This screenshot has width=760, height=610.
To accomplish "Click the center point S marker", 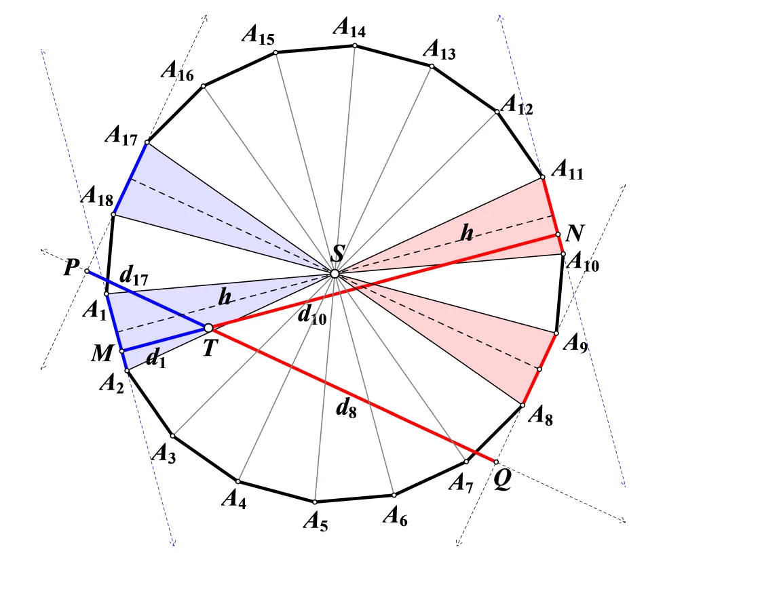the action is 335,274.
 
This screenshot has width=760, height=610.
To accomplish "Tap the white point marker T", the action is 208,328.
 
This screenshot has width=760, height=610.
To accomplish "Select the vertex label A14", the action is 349,27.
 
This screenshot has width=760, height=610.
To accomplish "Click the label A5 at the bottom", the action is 316,522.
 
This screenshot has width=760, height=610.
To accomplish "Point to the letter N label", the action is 575,233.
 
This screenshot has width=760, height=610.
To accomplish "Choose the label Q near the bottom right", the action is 503,480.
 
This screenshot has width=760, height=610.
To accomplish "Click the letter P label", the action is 72,267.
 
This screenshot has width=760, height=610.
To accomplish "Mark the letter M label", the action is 102,353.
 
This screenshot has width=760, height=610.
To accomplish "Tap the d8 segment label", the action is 346,409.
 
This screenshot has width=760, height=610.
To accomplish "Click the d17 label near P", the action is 134,276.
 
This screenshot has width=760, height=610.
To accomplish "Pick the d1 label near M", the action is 155,359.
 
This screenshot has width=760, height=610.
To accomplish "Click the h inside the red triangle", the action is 467,233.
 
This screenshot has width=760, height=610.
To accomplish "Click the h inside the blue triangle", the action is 225,297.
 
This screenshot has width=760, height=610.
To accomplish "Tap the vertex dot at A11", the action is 542,177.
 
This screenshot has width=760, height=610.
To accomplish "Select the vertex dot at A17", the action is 147,143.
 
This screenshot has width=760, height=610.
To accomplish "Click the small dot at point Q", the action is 496,462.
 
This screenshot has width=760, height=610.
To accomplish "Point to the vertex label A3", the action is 164,454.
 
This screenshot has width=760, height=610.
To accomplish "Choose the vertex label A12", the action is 516,105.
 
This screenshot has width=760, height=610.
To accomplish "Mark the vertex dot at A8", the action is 522,405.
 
